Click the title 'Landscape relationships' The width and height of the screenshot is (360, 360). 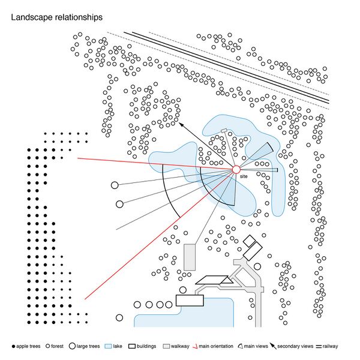click(x=56, y=19)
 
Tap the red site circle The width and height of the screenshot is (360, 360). click(x=236, y=170)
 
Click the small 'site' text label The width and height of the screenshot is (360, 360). click(x=244, y=178)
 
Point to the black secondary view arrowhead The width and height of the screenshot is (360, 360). click(x=180, y=124)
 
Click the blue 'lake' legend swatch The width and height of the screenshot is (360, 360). click(x=110, y=346)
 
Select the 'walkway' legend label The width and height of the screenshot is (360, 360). click(x=180, y=346)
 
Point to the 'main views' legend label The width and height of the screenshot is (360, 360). click(x=257, y=346)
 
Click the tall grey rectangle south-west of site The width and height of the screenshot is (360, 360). click(x=190, y=256)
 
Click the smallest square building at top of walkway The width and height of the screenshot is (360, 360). click(x=249, y=240)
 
